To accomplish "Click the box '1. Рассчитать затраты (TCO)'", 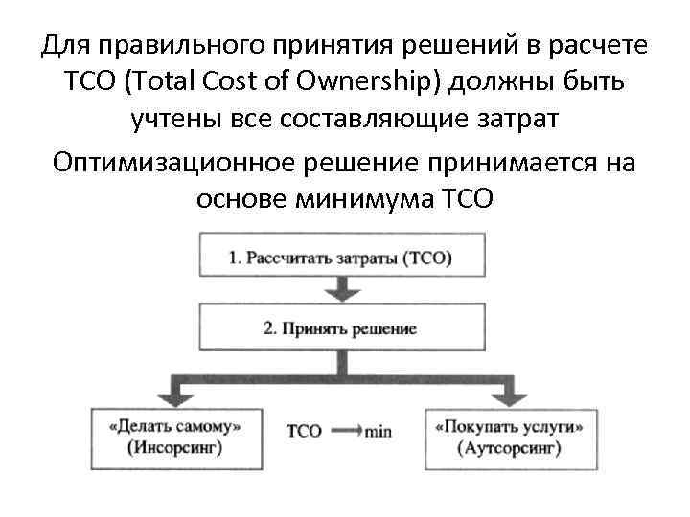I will pos(339,258).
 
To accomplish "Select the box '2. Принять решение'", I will pos(339,327).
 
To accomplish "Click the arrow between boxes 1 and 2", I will pos(339,289).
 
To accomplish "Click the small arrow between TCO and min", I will pos(344,432).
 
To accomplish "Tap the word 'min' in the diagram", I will pos(378,432).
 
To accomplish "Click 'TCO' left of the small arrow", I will pos(305,432).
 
